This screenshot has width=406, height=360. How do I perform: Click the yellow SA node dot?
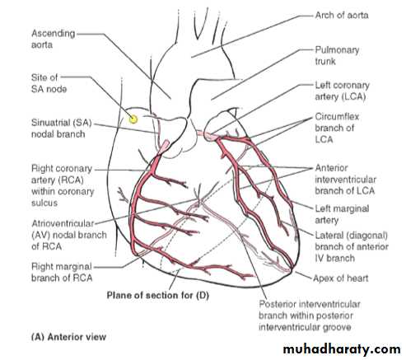[133, 119]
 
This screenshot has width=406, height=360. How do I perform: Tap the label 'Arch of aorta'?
[342, 15]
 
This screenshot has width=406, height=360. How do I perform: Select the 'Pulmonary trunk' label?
[337, 55]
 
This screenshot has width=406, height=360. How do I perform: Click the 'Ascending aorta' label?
[54, 39]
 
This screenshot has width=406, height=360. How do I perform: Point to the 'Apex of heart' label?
[341, 278]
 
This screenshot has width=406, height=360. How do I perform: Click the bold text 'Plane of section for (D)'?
[158, 296]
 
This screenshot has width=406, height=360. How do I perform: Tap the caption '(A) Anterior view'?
[68, 337]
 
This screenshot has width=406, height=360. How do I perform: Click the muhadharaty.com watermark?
[342, 349]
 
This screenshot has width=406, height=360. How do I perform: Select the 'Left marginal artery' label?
[342, 214]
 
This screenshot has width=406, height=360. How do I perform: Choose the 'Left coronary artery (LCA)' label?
[342, 91]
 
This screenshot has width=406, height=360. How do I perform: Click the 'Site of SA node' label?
[49, 83]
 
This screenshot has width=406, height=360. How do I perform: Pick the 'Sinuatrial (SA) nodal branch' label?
[62, 129]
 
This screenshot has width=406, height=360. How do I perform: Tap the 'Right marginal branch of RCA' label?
[62, 272]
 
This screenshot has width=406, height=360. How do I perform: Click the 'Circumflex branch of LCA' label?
[337, 128]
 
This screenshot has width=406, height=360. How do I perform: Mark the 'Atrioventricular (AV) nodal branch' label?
[69, 235]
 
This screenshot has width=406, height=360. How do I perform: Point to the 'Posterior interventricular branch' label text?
[310, 310]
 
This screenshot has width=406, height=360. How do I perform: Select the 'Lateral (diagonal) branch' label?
[352, 246]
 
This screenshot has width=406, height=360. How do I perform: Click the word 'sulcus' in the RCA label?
[44, 203]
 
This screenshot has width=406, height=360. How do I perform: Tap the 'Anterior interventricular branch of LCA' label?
[345, 180]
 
